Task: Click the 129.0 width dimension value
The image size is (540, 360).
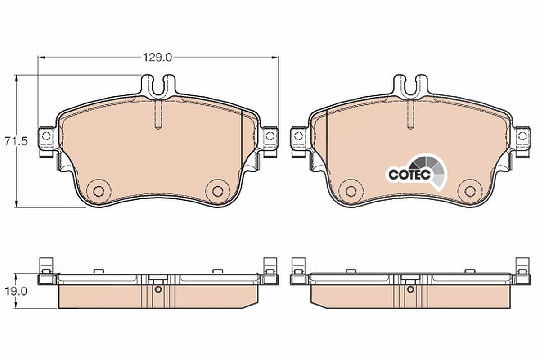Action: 157,58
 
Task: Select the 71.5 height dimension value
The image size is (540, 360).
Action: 16,141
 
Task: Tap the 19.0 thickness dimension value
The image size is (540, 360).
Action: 16,292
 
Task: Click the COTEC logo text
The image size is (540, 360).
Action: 409,174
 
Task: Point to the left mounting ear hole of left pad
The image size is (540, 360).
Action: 46,136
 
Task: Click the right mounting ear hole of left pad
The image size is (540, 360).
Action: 270,136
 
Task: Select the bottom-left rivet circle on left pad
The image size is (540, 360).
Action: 99,191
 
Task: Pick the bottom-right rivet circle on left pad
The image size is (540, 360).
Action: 218,191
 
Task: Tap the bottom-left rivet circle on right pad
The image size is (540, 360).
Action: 351,191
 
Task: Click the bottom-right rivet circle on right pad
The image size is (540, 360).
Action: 470,191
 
